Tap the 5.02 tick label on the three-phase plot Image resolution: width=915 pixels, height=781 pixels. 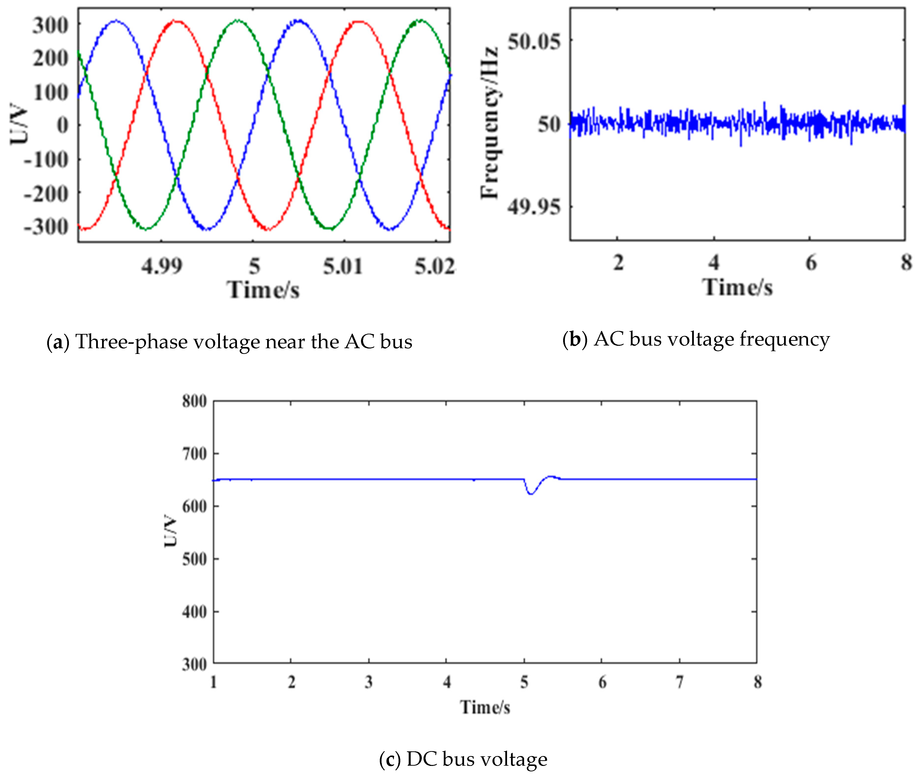click(435, 266)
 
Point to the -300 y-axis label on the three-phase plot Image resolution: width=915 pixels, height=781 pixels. click(46, 227)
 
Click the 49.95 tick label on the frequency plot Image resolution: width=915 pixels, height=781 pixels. click(534, 206)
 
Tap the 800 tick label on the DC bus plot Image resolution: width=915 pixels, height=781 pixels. click(194, 401)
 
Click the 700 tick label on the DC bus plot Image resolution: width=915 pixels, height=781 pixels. click(194, 454)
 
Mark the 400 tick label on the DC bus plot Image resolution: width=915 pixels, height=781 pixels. click(194, 612)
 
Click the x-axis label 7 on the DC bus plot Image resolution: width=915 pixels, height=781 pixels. click(680, 682)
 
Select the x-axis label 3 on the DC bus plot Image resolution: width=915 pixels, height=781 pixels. click(369, 682)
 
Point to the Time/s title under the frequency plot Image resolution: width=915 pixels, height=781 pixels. click(738, 288)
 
